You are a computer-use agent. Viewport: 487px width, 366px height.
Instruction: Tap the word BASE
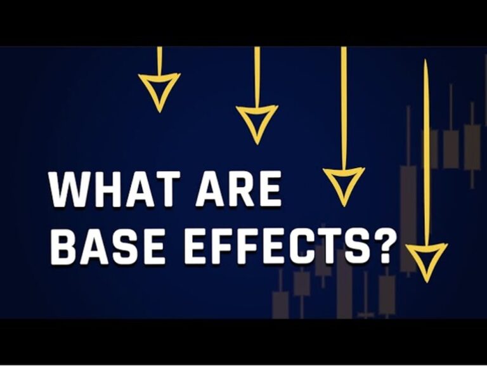107,247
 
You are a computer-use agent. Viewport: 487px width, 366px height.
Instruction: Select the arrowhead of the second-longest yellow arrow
344,184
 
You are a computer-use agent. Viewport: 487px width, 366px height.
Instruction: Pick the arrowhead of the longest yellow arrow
426,260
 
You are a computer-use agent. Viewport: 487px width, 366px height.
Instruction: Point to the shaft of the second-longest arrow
344,108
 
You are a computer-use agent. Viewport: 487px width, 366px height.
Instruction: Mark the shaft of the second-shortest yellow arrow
257,76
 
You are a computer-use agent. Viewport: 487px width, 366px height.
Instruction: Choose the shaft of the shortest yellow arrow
159,60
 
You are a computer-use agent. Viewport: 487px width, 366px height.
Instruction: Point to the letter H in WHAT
104,189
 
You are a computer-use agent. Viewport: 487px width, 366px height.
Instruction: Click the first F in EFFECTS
228,247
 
